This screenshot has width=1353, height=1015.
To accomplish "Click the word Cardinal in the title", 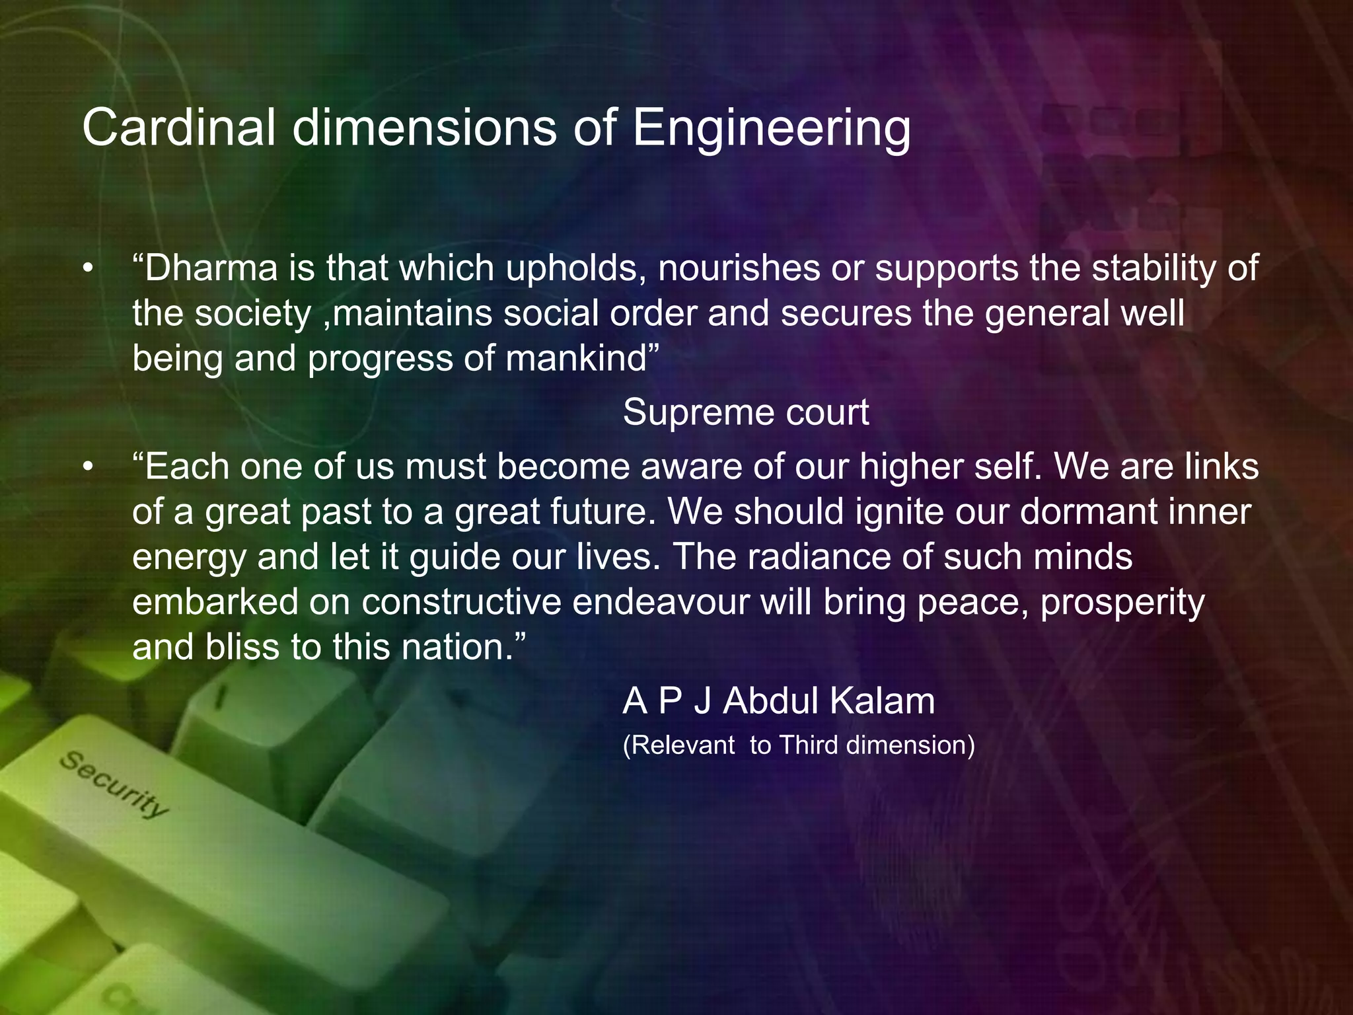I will point(178,127).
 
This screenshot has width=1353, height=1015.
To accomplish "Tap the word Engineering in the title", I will point(772,128).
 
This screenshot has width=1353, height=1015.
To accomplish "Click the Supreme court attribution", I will point(746,412).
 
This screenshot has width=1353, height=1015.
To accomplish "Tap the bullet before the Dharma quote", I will point(88,269).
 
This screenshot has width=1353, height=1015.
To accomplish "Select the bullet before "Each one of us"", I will point(88,467).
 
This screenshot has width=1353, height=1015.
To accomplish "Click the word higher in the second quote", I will point(912,467).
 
